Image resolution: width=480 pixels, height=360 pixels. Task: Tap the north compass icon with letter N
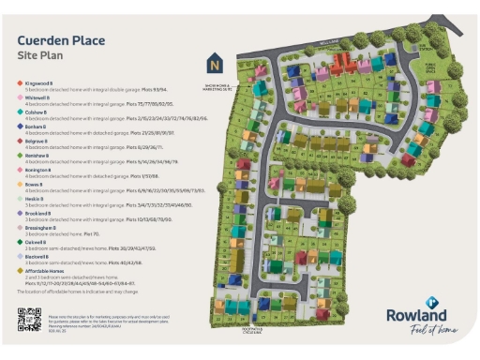[215, 65]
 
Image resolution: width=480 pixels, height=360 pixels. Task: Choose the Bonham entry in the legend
[34, 125]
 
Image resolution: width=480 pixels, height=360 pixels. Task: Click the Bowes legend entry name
[32, 183]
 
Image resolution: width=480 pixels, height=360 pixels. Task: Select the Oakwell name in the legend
[34, 240]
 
